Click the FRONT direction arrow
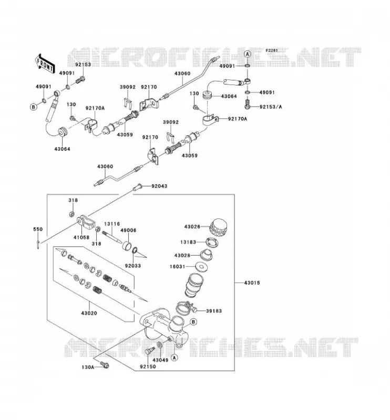pyautogui.click(x=45, y=65)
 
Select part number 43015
pyautogui.click(x=252, y=282)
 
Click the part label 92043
pyautogui.click(x=159, y=186)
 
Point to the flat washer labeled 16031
pyautogui.click(x=200, y=267)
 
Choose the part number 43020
pyautogui.click(x=89, y=313)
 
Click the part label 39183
pyautogui.click(x=214, y=311)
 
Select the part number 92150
pyautogui.click(x=148, y=366)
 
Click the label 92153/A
pyautogui.click(x=271, y=107)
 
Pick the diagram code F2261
pyautogui.click(x=272, y=50)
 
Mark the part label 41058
pyautogui.click(x=81, y=237)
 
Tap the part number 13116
pyautogui.click(x=112, y=224)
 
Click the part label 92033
pyautogui.click(x=133, y=266)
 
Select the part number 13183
pyautogui.click(x=188, y=242)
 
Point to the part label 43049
pyautogui.click(x=160, y=360)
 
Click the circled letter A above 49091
pyautogui.click(x=248, y=54)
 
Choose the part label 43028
pyautogui.click(x=182, y=256)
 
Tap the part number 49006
pyautogui.click(x=128, y=230)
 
